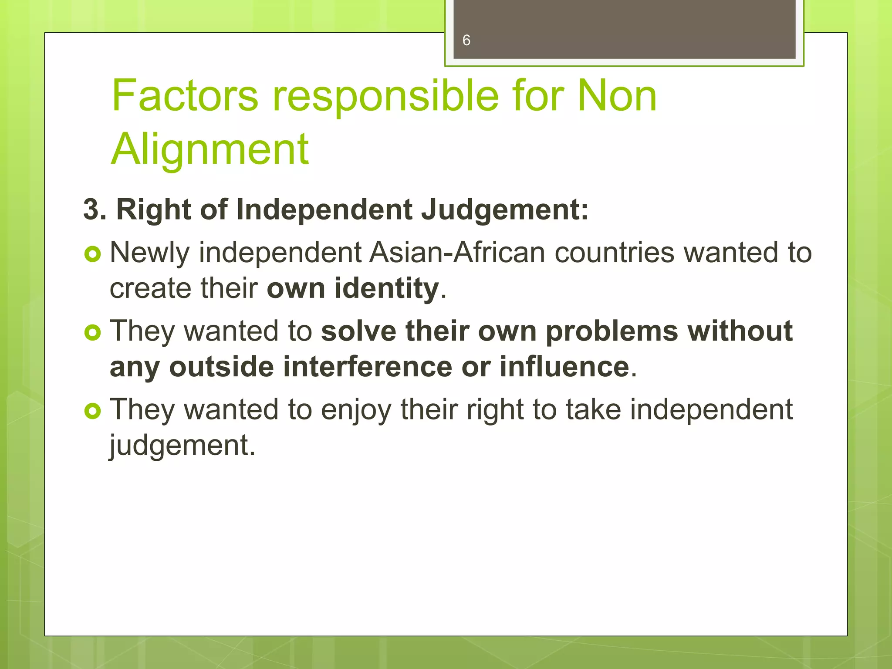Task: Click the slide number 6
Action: pos(466,41)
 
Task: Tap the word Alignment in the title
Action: pos(210,149)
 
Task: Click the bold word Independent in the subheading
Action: pos(324,209)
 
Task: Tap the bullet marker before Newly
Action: pos(92,253)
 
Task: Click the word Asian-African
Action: pos(457,253)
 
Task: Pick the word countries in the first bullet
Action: pos(615,253)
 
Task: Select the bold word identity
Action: pos(387,289)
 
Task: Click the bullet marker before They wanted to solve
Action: pos(92,332)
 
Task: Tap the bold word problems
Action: pos(612,331)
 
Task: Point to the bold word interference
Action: pos(368,367)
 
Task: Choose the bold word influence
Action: pos(564,367)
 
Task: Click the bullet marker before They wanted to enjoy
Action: pos(92,411)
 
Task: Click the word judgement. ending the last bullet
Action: pos(182,446)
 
